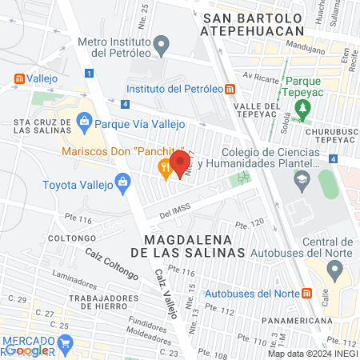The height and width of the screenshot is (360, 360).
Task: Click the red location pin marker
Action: (x=179, y=162)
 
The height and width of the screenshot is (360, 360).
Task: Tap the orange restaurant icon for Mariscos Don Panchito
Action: (x=165, y=168)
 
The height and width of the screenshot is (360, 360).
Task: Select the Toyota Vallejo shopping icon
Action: (x=122, y=182)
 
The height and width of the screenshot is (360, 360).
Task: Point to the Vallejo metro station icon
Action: (x=18, y=79)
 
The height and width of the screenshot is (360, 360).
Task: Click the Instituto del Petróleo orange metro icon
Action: (x=230, y=89)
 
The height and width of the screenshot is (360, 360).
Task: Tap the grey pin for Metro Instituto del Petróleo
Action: (x=162, y=44)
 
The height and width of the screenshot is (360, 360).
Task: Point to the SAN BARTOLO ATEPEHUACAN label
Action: (x=254, y=24)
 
